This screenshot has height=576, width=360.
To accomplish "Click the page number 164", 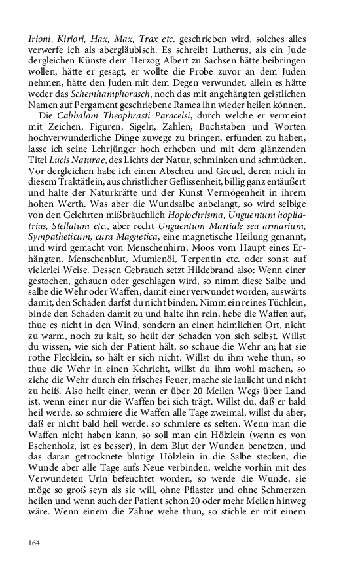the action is point(35,543).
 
